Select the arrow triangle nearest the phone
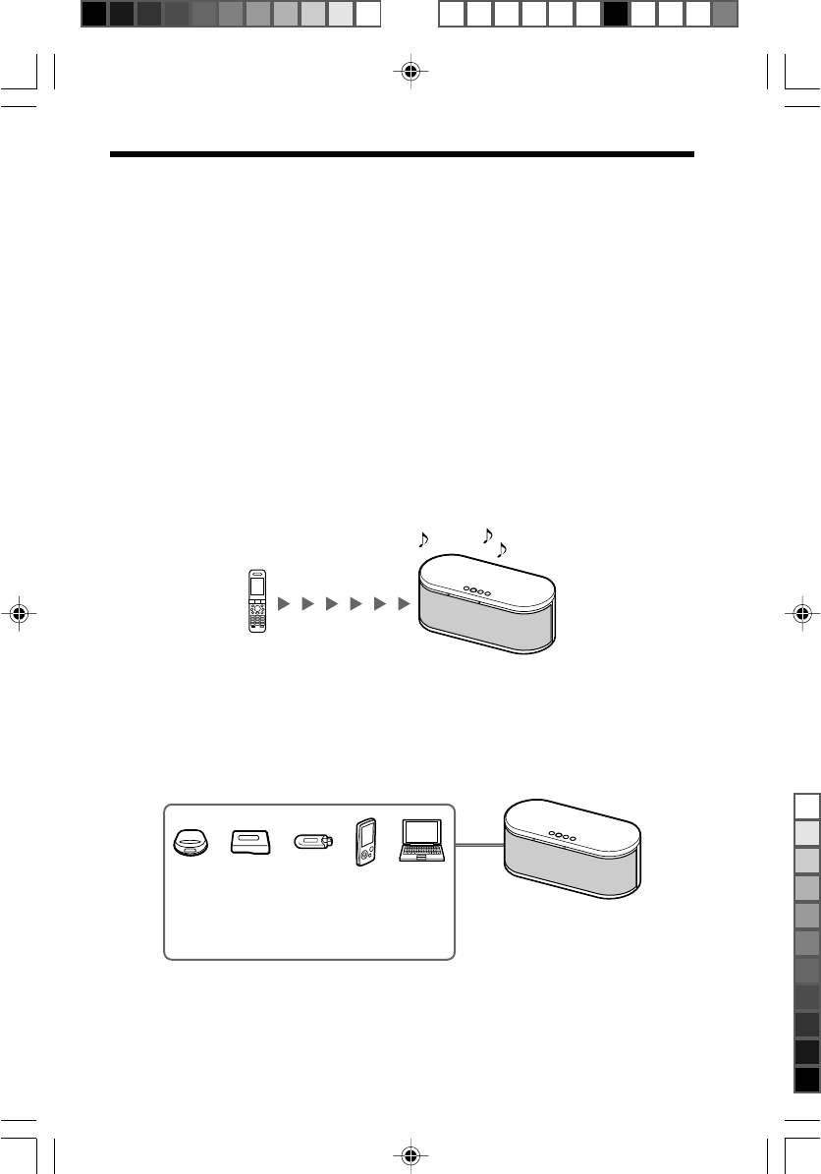pos(284,602)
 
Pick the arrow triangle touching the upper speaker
pos(404,602)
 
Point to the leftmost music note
pos(423,539)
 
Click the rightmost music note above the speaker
pos(503,549)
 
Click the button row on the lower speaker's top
pos(563,833)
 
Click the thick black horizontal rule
pos(403,154)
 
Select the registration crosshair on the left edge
pos(19,613)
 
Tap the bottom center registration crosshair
pos(410,1155)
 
